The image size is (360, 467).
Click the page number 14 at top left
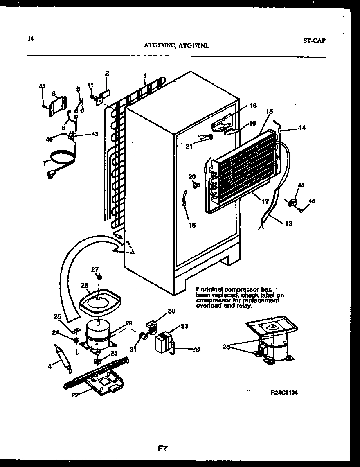[31, 39]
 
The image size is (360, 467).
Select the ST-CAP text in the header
[315, 41]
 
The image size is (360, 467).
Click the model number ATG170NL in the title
[195, 46]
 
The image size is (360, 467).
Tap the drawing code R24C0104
[284, 393]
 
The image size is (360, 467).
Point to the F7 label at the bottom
[162, 449]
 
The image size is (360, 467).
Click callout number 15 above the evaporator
[269, 111]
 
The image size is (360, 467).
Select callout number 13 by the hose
[289, 223]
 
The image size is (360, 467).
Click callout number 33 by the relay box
[184, 326]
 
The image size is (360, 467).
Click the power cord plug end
[51, 176]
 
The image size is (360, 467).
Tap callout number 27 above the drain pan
[95, 269]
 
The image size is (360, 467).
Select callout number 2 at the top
[107, 73]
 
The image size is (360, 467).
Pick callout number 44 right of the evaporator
[301, 186]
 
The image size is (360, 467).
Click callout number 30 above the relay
[172, 311]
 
